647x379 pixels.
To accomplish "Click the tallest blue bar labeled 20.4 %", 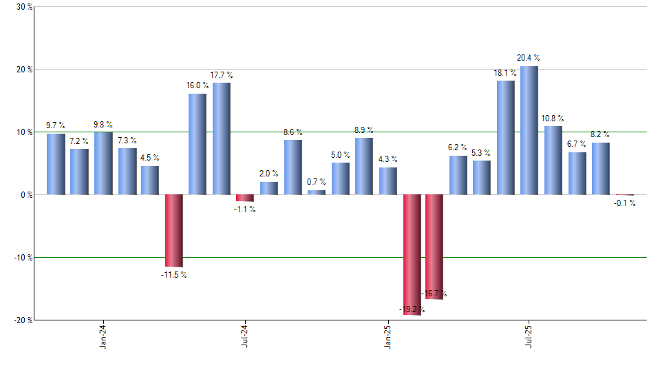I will [529, 130].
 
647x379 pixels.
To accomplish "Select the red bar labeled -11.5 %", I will [173, 230].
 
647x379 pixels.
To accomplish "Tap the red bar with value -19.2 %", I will [412, 254].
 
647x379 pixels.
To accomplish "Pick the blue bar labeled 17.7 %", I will [222, 139].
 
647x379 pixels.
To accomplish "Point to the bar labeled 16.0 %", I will [197, 144].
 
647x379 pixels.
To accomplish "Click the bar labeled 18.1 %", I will [506, 138].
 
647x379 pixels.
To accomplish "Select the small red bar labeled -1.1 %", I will [245, 198].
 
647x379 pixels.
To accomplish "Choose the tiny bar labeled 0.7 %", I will [317, 192].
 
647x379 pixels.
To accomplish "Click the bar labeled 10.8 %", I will [553, 161].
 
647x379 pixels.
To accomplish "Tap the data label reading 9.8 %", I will [103, 125].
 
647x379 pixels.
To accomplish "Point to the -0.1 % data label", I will [624, 203].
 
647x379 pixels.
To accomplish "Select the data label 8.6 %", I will [293, 132].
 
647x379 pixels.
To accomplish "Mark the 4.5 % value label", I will [150, 158].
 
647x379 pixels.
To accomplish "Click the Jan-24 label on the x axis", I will [103, 338].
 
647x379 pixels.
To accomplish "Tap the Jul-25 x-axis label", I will [529, 338].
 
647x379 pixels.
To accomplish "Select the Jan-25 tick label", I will [388, 338].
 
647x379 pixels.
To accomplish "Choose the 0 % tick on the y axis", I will [25, 195].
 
